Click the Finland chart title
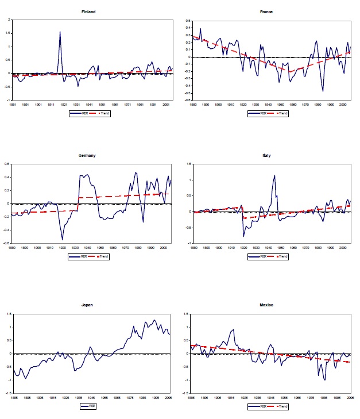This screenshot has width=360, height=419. [90, 11]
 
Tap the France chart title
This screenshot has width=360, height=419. [266, 11]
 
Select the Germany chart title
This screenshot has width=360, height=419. [90, 155]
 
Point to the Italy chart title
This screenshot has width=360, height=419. [266, 155]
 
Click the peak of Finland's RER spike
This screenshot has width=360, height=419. [60, 32]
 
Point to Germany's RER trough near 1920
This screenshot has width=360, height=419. [63, 239]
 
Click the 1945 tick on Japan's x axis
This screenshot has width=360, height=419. [91, 397]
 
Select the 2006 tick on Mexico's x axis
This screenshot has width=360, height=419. [352, 397]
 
